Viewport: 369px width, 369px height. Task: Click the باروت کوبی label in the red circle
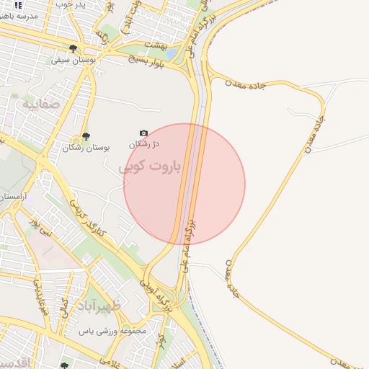click(x=151, y=166)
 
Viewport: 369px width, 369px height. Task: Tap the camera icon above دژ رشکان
click(x=143, y=133)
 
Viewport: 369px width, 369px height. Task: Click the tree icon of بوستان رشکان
click(x=86, y=136)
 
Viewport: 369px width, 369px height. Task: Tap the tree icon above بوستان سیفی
click(x=73, y=49)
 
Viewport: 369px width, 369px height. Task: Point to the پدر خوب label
click(x=70, y=5)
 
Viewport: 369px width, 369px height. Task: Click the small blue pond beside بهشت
click(x=172, y=53)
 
